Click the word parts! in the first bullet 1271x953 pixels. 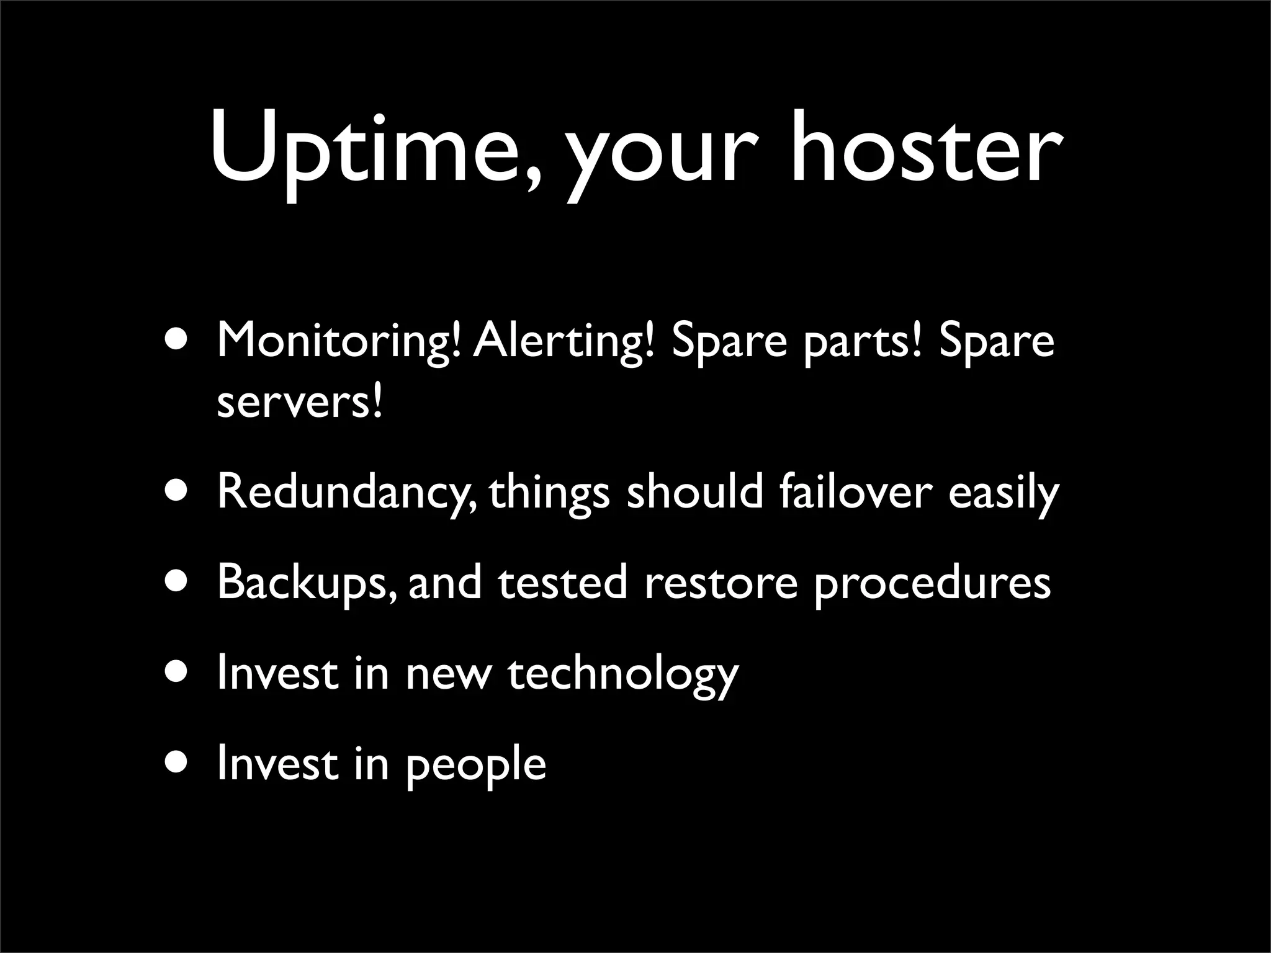[x=862, y=342]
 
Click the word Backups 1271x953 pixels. [x=305, y=583]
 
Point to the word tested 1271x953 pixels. [x=562, y=583]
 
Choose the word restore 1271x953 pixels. [x=721, y=583]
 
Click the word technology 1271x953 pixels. [x=623, y=674]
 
